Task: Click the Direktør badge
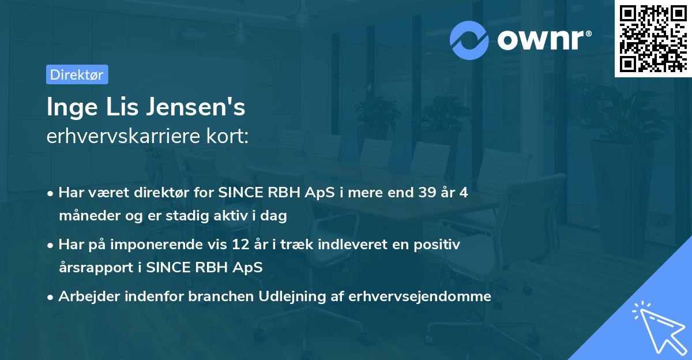click(77, 74)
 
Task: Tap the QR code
click(653, 38)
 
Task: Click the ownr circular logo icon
click(469, 40)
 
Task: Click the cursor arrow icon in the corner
click(657, 327)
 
